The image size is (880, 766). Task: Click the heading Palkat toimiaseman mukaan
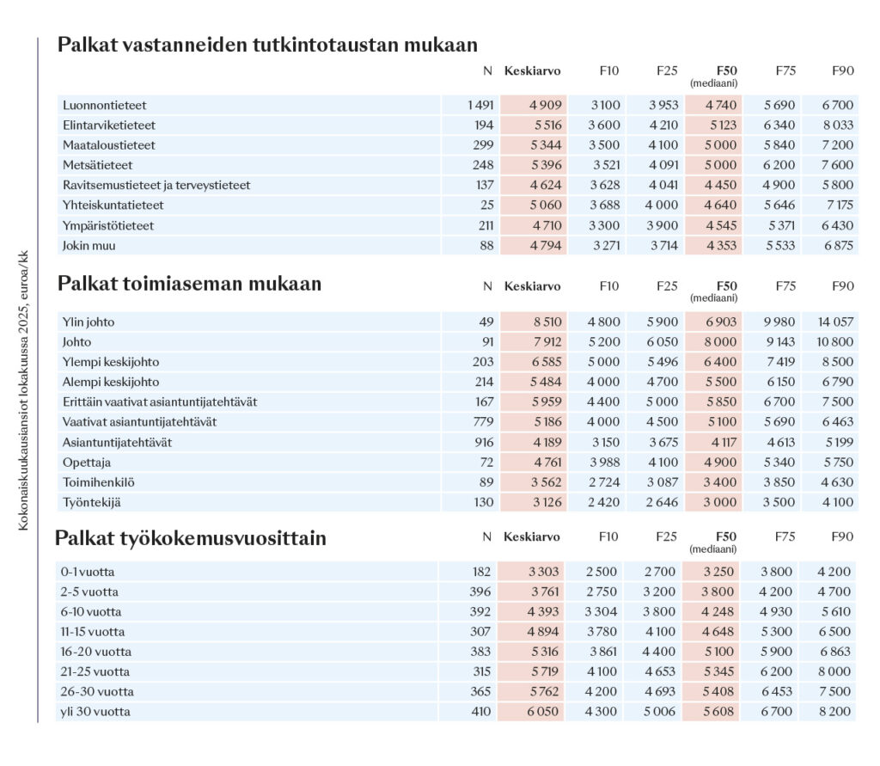click(x=189, y=284)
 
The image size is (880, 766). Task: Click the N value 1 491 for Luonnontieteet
click(x=480, y=106)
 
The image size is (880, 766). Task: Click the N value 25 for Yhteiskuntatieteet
click(x=486, y=205)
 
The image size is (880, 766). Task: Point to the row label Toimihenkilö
click(x=99, y=482)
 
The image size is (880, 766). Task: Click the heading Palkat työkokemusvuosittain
click(x=190, y=539)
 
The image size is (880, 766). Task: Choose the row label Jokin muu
click(x=89, y=245)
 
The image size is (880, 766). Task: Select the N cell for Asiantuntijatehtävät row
click(x=481, y=443)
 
